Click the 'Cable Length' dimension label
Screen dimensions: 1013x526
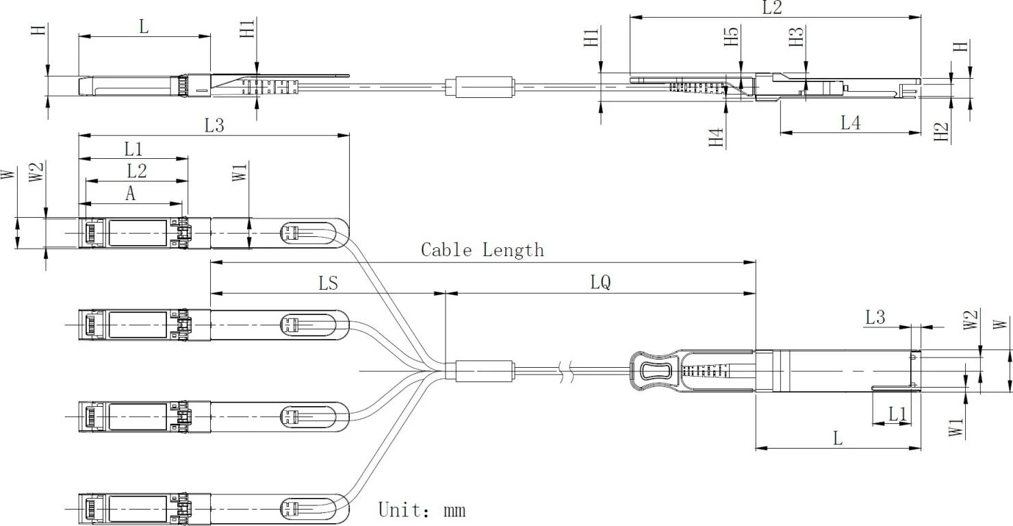click(x=482, y=250)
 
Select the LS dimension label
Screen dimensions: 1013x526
click(x=329, y=284)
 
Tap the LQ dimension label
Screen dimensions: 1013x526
click(x=600, y=282)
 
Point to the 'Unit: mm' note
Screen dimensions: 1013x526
click(x=422, y=510)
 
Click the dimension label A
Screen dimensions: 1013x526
click(x=130, y=194)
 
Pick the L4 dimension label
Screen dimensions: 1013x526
click(x=851, y=122)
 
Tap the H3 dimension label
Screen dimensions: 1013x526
click(x=797, y=36)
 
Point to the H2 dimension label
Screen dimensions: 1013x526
click(x=942, y=131)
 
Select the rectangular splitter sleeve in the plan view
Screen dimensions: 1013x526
click(x=485, y=371)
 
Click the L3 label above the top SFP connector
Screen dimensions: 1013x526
click(x=214, y=125)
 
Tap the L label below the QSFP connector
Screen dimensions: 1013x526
click(x=838, y=438)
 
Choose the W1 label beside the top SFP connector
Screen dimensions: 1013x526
click(x=240, y=172)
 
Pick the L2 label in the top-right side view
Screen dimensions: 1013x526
click(x=772, y=8)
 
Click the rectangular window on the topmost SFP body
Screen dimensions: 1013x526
click(x=138, y=233)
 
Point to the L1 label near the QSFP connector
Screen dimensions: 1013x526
click(x=898, y=413)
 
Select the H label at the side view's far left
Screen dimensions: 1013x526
click(x=40, y=30)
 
